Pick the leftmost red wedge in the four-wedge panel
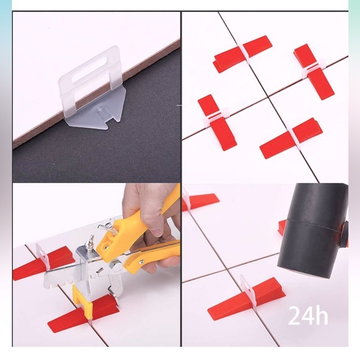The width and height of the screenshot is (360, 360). click(x=217, y=122)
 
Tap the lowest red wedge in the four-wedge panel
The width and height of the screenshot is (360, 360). click(x=289, y=138)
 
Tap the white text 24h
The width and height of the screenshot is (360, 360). click(x=308, y=315)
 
